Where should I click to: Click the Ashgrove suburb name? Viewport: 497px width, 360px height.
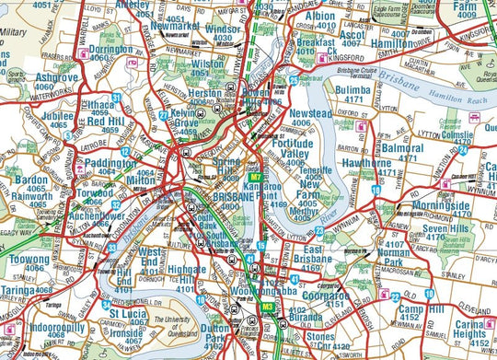57,79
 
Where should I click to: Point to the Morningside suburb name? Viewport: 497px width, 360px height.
440,206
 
